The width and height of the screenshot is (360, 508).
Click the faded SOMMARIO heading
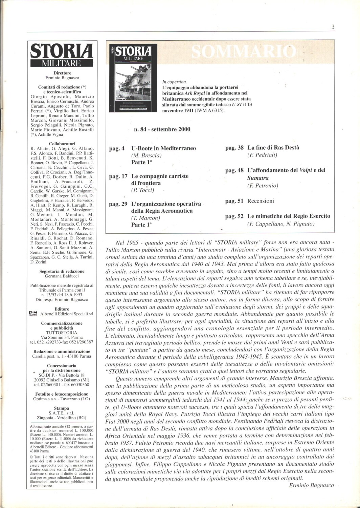coord(243,51)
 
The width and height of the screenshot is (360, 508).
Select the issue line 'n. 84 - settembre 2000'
coord(162,129)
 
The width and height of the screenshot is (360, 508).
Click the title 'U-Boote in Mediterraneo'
coord(164,148)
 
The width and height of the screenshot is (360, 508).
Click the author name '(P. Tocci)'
coord(142,190)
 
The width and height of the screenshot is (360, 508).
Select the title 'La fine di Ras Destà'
coord(273,148)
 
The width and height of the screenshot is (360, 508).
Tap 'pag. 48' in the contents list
coord(234,170)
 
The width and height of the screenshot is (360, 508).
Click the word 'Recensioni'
coord(261,201)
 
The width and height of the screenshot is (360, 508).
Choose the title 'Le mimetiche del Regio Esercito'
coord(289,216)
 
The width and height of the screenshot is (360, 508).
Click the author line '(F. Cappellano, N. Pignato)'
coord(281,224)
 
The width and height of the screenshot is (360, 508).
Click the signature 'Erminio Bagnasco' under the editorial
coord(312,485)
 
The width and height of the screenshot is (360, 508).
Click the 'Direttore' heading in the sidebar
coord(62,73)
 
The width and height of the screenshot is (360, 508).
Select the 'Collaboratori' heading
coord(62,144)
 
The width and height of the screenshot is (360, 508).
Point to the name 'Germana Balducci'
coord(62,276)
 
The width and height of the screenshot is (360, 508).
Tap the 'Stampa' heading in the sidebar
coord(61,408)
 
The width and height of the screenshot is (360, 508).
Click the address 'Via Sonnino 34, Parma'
coord(62,337)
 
